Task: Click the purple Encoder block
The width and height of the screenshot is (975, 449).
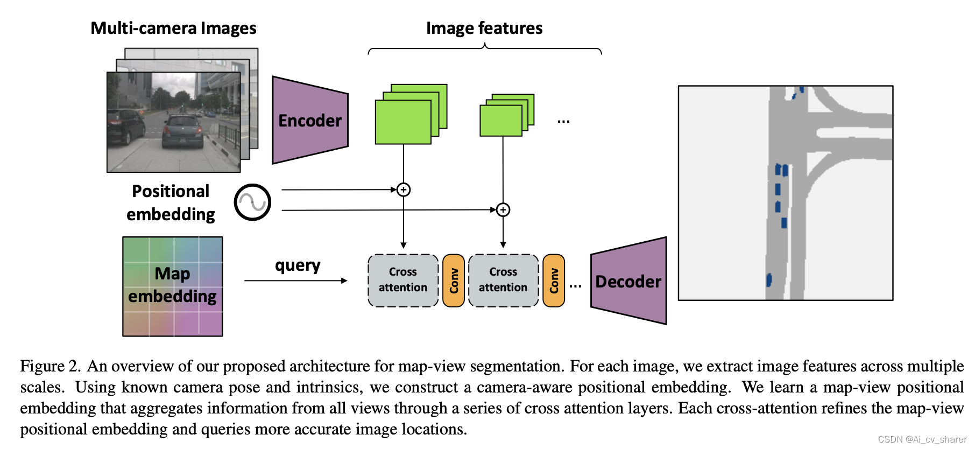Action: point(309,121)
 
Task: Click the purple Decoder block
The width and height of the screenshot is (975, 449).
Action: point(628,281)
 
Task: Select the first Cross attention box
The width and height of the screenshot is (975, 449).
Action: point(403,280)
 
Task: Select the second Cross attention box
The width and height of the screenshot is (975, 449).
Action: point(503,280)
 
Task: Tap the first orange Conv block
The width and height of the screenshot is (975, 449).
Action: point(454,280)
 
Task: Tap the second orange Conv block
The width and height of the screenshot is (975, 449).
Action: point(554,280)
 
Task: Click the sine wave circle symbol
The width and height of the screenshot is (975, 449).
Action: point(252,202)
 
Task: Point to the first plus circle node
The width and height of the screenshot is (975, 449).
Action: point(404,190)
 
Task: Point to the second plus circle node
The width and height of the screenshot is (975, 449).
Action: point(503,209)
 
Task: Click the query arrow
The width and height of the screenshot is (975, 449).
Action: point(296,280)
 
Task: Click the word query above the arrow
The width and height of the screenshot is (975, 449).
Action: point(298,265)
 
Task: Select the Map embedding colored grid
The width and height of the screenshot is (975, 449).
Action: point(173,286)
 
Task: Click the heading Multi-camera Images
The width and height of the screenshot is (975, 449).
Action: point(173,28)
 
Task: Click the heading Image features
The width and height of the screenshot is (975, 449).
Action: point(484,28)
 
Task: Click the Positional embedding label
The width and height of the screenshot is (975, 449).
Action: point(171,202)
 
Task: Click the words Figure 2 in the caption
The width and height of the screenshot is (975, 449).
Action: point(50,366)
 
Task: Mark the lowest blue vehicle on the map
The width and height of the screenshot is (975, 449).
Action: point(769,279)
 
